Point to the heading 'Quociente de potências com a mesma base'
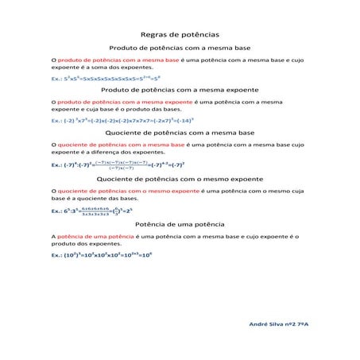[180, 133]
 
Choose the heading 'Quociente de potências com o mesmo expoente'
[180, 180]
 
